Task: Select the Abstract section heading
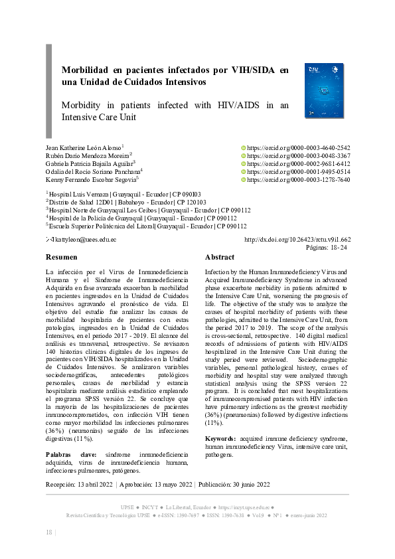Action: pos(219,257)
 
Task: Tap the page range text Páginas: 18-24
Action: pos(326,247)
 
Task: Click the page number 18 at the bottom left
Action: pos(48,532)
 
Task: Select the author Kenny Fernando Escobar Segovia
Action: pos(90,179)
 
